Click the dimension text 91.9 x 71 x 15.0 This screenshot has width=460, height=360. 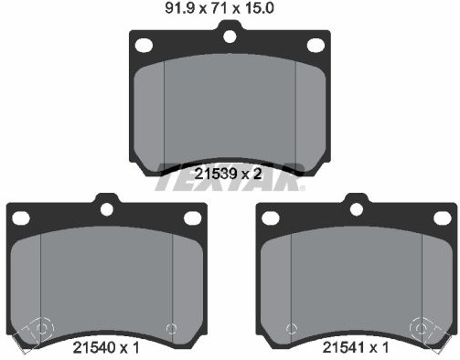tap(219, 8)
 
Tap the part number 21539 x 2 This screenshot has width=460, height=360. tap(228, 174)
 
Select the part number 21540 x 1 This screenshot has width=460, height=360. tap(106, 347)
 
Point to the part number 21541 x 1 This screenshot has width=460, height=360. tap(356, 347)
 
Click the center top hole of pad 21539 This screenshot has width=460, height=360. tap(230, 37)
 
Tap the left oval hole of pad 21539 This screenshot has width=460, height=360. tap(144, 45)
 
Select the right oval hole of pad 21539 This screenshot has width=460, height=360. tap(316, 46)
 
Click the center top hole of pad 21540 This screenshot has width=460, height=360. tap(107, 209)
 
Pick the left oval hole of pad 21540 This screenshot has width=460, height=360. tap(21, 218)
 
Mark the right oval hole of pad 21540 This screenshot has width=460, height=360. tap(193, 218)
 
